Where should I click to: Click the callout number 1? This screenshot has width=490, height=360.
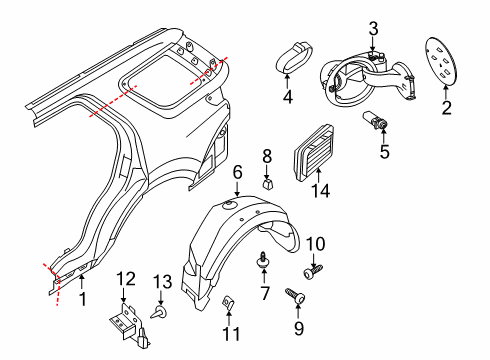point(82,297)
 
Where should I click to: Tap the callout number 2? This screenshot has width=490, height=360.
point(446,105)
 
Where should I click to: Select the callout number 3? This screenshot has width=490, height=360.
point(373,27)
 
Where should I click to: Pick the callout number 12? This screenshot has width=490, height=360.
point(125,278)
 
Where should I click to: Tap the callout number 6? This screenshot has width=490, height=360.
point(237,173)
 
